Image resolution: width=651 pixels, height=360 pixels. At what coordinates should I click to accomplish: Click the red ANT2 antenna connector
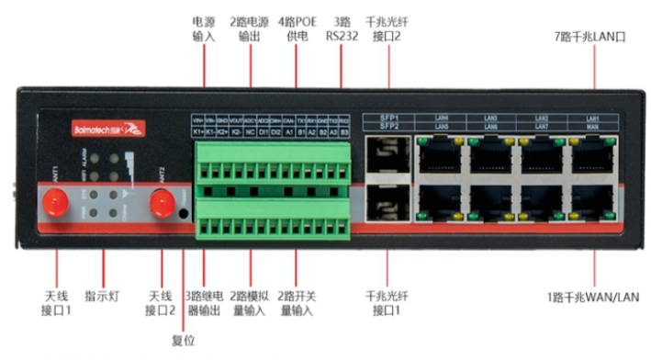click(x=163, y=199)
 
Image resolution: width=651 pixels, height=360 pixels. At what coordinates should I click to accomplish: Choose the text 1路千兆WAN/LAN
click(x=592, y=297)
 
